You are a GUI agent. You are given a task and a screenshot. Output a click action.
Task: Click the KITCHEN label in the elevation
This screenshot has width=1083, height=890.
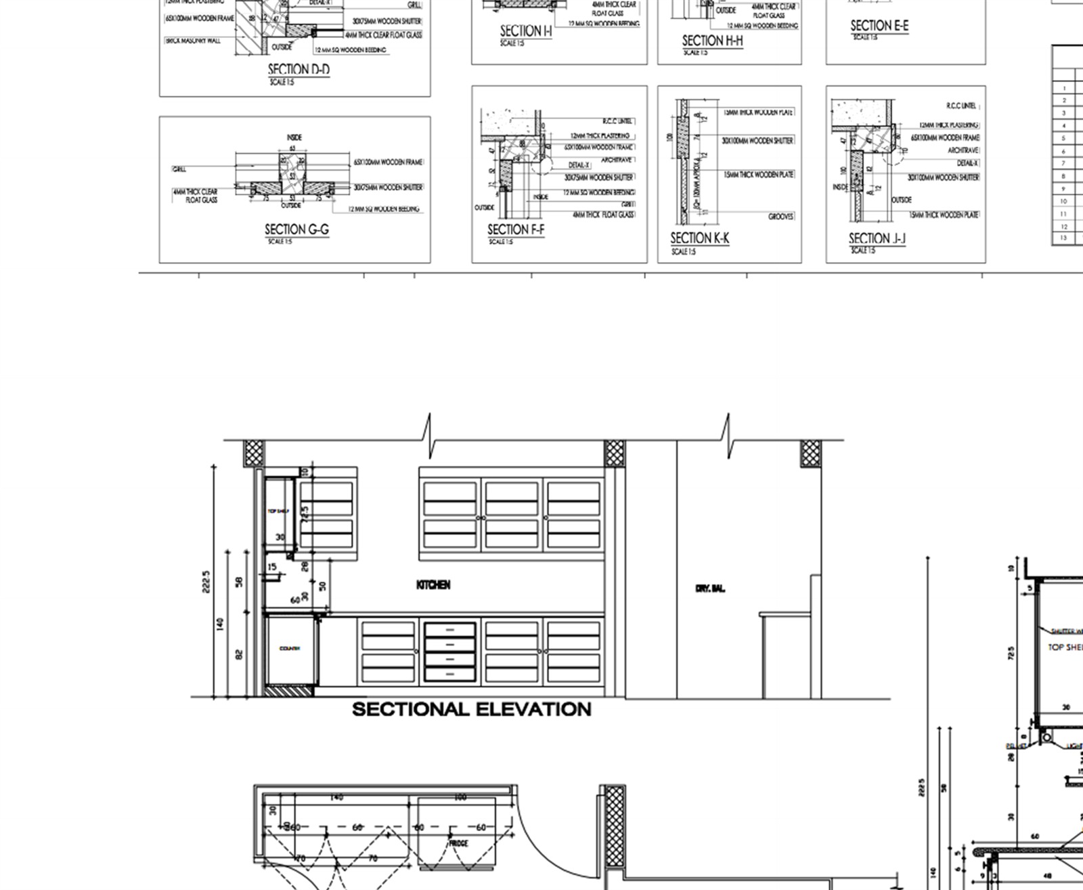point(433,585)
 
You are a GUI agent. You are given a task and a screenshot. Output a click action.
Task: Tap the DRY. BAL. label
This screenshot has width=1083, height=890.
point(709,589)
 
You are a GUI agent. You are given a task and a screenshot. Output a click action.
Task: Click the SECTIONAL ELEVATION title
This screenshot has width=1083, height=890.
point(472,709)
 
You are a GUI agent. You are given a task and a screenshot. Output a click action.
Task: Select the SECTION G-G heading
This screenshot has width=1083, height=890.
point(296,230)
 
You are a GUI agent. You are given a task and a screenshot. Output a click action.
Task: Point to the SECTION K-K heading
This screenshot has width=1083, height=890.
point(699,238)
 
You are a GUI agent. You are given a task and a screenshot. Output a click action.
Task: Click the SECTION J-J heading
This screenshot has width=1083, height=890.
point(877,238)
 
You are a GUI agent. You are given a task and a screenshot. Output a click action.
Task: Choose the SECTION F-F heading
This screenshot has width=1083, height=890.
point(516,230)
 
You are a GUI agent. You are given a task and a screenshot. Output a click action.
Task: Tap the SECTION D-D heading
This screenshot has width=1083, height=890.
point(299,69)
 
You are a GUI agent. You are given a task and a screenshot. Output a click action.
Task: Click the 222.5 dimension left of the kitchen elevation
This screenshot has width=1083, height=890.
point(206,581)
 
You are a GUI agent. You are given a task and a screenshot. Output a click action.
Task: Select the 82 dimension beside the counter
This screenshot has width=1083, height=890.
point(239,654)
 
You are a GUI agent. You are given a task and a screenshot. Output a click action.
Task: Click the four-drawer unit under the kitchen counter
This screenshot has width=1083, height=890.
point(449,652)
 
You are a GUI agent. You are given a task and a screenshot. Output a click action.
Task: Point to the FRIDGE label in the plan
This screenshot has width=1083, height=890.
point(458,843)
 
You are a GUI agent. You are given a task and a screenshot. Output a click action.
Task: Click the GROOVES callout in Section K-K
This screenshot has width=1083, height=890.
point(781,217)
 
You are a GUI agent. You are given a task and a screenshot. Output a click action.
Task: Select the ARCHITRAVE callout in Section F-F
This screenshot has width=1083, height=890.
point(616,160)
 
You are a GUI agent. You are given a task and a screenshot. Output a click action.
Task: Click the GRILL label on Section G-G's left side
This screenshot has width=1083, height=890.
point(179,169)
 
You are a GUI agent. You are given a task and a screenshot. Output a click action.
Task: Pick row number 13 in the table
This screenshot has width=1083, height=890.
point(1064,238)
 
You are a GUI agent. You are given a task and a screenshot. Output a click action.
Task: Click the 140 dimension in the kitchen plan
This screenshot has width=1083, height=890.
point(336,797)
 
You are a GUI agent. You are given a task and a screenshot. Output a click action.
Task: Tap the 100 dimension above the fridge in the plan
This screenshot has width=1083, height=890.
point(460,797)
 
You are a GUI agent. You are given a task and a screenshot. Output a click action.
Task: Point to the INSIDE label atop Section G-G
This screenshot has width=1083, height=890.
point(294,137)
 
